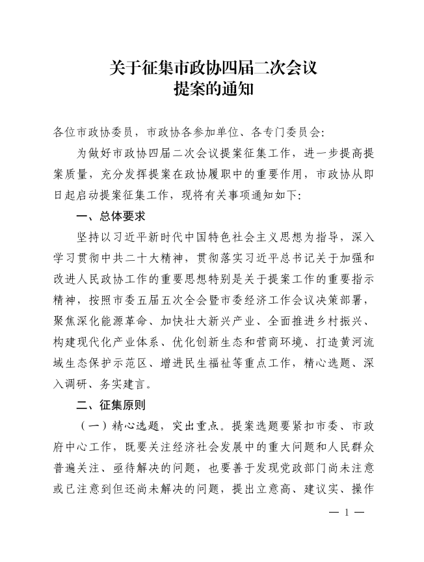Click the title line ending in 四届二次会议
pyautogui.click(x=213, y=68)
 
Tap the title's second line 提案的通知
pyautogui.click(x=213, y=90)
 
